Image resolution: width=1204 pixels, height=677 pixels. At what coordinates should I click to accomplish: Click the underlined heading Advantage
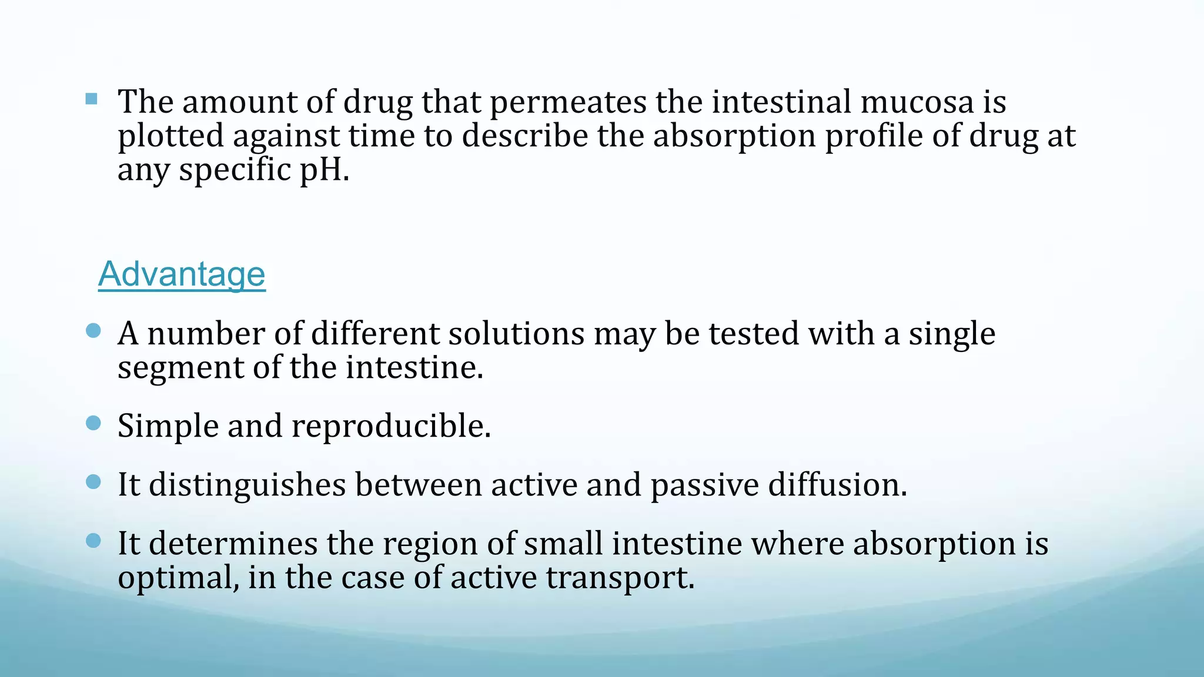tap(182, 274)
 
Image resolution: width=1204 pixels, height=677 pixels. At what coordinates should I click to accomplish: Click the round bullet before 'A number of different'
tap(93, 331)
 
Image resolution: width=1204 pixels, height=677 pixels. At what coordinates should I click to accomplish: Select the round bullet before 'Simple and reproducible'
tap(93, 423)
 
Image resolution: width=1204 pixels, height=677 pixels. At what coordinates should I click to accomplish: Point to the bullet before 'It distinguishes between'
tap(93, 482)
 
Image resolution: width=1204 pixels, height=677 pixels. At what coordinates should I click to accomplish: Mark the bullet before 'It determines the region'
tap(93, 541)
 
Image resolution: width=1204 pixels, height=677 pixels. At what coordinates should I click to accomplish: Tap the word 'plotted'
tap(170, 136)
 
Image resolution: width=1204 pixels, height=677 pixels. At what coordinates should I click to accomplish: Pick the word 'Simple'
tap(168, 426)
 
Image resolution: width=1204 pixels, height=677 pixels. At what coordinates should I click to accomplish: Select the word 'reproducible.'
tap(392, 426)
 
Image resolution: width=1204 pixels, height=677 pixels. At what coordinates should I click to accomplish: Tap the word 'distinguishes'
tap(248, 485)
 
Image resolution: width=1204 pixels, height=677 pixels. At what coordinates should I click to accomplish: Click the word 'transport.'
tap(620, 578)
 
